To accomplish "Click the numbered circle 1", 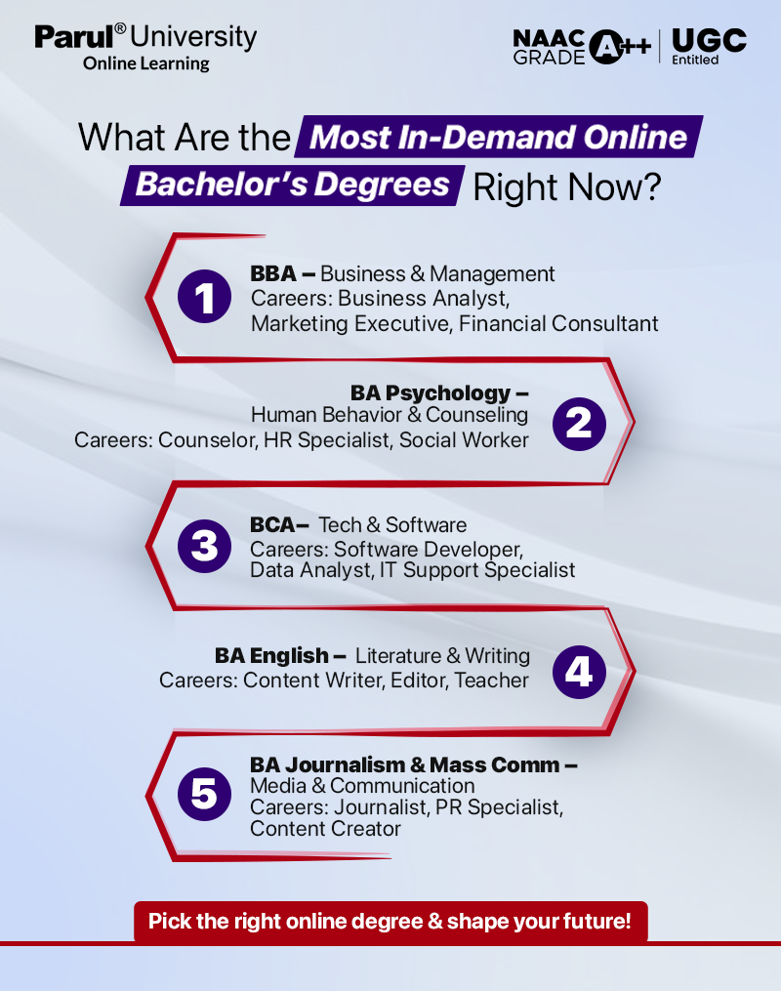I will [205, 297].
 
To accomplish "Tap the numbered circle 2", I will [579, 423].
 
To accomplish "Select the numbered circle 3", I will [205, 546].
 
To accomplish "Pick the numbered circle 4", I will [579, 672].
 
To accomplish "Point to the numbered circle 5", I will [205, 794].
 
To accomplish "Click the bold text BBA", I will [273, 274].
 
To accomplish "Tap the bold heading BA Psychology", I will [431, 393].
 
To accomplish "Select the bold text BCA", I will [273, 525].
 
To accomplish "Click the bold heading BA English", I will [272, 655].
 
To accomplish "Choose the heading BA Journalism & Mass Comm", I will [405, 764].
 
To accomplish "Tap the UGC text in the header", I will [709, 40].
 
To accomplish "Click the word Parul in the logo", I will [73, 37].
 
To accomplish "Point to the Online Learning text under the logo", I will [146, 63].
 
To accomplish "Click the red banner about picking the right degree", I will [390, 921].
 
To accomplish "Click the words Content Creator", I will [325, 829].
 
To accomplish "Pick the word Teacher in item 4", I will [492, 680].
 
